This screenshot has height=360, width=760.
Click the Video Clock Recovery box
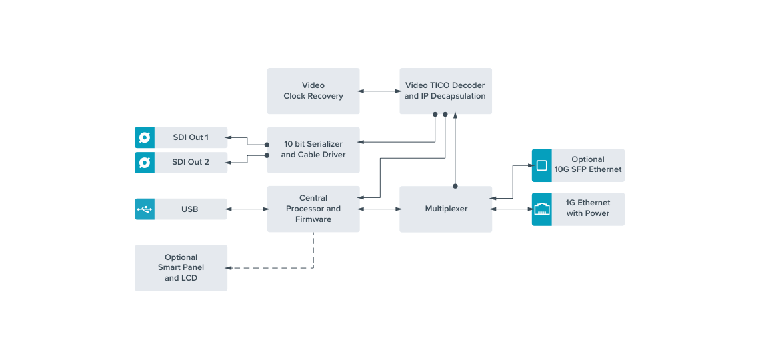(x=313, y=91)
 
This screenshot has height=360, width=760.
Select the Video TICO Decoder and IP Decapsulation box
(x=445, y=91)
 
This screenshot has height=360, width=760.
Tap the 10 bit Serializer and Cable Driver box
(x=313, y=150)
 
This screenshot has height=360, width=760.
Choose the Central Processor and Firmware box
(x=313, y=209)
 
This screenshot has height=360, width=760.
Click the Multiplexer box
(x=445, y=209)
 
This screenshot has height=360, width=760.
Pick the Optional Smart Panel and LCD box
(x=181, y=267)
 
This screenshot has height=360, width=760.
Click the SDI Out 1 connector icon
(x=145, y=137)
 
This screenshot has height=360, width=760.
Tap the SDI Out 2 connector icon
(x=145, y=162)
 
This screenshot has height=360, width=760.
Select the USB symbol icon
(x=145, y=209)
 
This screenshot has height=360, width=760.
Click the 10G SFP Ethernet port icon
(x=542, y=165)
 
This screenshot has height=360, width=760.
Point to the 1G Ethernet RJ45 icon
(x=542, y=209)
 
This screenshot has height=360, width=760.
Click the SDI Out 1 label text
(x=190, y=137)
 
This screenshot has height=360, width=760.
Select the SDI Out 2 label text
(x=190, y=162)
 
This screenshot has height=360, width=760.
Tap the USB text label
(x=189, y=209)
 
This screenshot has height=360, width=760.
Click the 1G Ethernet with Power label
(x=588, y=208)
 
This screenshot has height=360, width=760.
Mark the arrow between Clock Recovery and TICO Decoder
(x=379, y=91)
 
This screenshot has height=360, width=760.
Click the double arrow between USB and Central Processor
(x=247, y=209)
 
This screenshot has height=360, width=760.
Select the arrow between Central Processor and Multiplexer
(x=379, y=209)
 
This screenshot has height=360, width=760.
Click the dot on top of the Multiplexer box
(x=455, y=186)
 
